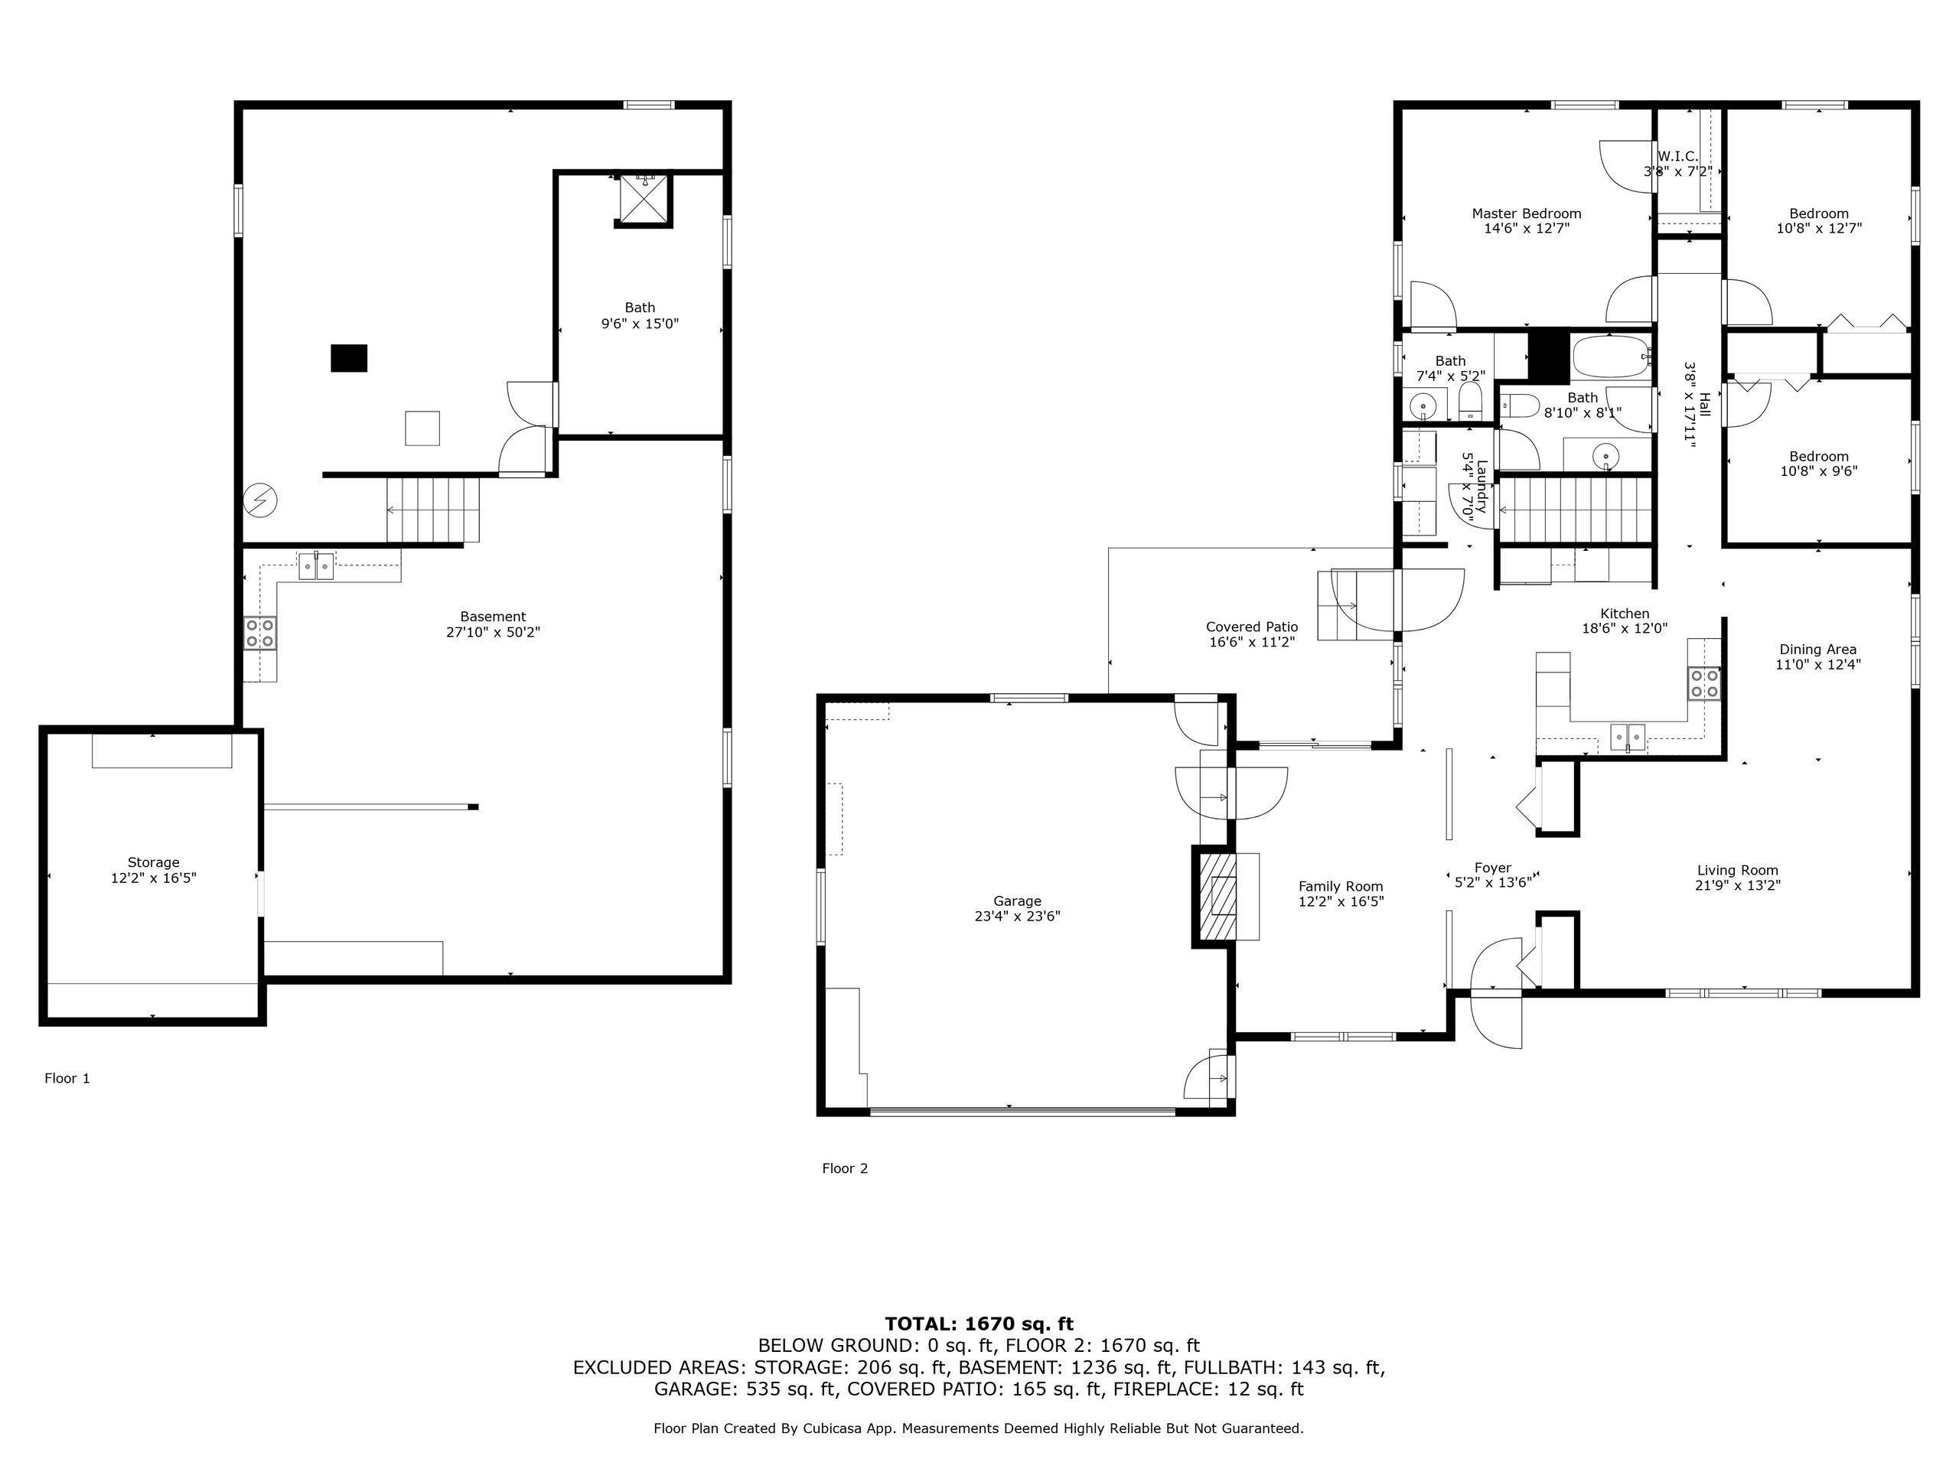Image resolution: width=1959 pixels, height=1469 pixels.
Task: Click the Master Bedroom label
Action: (x=1526, y=213)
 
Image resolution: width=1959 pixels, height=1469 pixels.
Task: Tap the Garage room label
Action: (x=1017, y=901)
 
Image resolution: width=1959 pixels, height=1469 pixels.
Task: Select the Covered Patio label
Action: (x=1251, y=627)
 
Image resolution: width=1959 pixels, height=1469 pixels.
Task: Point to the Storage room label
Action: (x=153, y=862)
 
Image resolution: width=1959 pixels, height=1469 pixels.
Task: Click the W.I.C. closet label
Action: (x=1677, y=157)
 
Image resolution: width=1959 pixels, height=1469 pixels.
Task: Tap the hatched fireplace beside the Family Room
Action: (x=1217, y=896)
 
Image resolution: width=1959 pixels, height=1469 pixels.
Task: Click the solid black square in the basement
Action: (x=349, y=358)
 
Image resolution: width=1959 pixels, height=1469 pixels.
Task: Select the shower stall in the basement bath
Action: (x=643, y=199)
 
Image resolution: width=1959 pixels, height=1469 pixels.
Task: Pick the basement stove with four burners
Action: (x=260, y=633)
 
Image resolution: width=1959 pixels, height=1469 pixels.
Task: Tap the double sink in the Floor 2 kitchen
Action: (x=1627, y=737)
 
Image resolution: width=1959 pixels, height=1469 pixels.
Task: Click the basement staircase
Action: (x=433, y=510)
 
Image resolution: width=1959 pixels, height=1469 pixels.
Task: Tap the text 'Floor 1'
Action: (x=67, y=1079)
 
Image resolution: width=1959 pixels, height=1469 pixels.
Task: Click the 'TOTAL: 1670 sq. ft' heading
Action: (x=979, y=1324)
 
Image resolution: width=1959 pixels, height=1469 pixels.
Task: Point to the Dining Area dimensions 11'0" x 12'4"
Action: (x=1818, y=664)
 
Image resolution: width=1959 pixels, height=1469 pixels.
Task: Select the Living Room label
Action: (x=1738, y=871)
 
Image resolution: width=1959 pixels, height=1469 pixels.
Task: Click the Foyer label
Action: (x=1493, y=868)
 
